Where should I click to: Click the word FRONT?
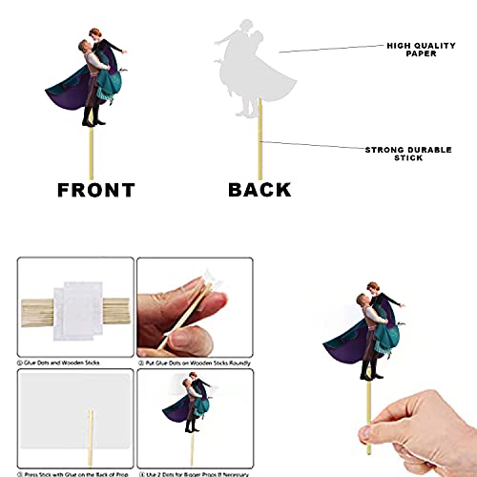pos(94,189)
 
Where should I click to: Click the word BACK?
pos(259,189)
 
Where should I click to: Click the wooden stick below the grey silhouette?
pos(259,143)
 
